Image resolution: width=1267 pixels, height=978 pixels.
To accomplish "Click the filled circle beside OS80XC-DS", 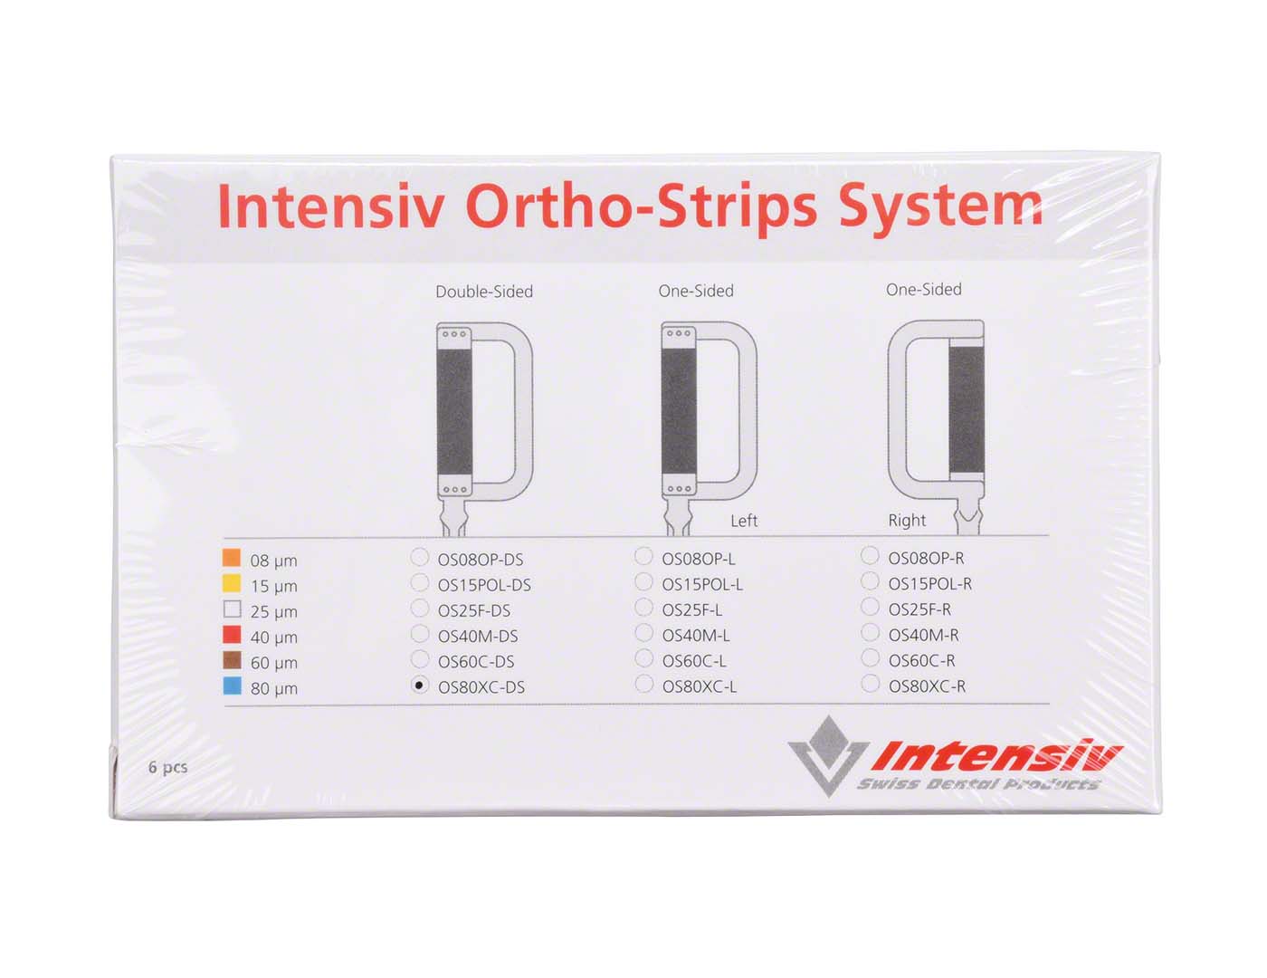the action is click(x=419, y=685).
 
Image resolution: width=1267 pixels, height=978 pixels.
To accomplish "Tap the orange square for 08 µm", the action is click(x=232, y=558).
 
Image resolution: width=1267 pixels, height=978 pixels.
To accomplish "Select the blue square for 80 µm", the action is click(x=232, y=686).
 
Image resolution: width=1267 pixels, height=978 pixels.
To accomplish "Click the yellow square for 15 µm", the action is click(x=232, y=582).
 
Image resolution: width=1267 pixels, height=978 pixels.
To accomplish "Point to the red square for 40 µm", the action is click(x=232, y=635).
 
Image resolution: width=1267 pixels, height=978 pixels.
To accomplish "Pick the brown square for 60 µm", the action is click(x=232, y=660).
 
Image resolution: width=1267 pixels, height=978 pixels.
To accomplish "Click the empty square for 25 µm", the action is click(x=232, y=609).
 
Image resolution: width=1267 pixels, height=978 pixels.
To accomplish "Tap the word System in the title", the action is click(x=939, y=208).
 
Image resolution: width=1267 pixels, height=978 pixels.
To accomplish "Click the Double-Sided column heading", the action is click(x=484, y=292).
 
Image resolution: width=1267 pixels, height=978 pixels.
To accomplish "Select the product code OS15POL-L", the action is click(x=701, y=584).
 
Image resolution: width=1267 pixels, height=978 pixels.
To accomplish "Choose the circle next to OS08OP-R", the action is click(x=870, y=556).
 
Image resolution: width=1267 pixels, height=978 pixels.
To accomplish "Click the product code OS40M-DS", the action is click(x=478, y=637).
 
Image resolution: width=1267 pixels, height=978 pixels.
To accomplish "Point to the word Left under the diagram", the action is click(x=743, y=521).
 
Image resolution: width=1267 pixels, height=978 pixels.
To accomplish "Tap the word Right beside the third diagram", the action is click(x=907, y=520).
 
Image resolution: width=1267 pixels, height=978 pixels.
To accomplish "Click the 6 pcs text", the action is click(x=168, y=767).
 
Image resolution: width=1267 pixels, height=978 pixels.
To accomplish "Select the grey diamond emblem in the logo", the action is click(x=828, y=738).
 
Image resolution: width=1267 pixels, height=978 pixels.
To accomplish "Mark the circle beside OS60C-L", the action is click(x=643, y=658).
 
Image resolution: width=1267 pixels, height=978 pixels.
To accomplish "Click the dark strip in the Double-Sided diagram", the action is click(x=454, y=412).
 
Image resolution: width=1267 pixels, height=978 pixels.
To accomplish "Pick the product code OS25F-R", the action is click(x=919, y=609).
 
